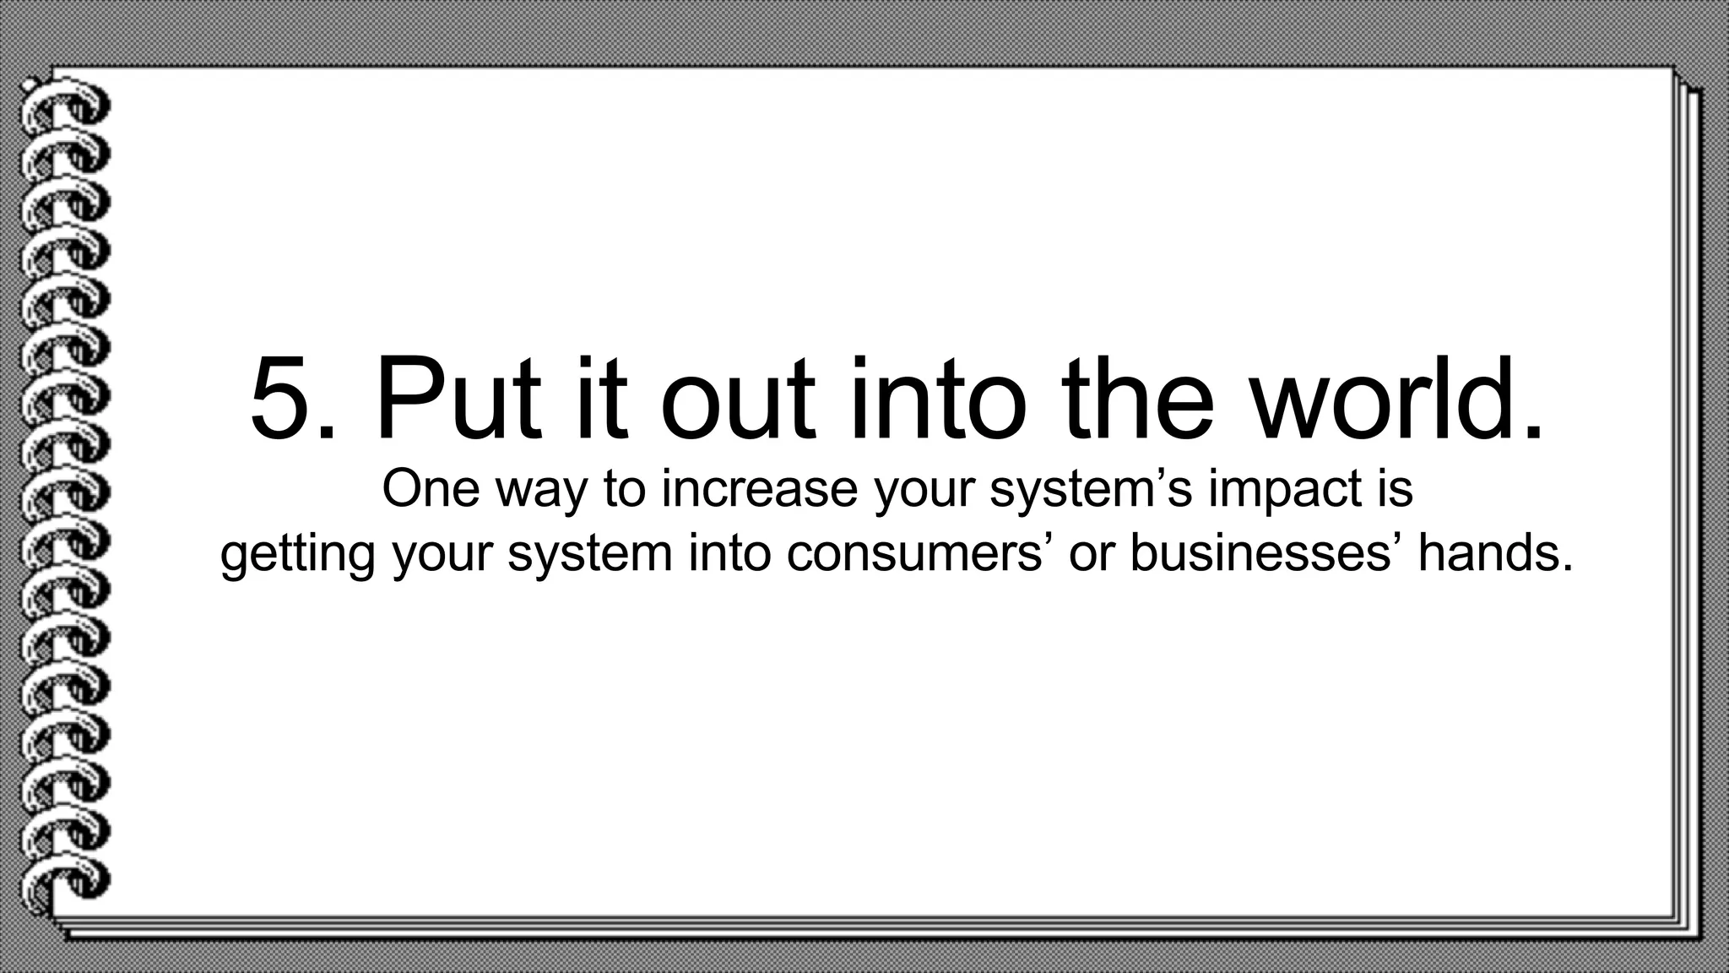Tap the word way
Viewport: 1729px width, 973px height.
pos(541,492)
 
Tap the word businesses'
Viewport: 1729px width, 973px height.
pos(1266,553)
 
